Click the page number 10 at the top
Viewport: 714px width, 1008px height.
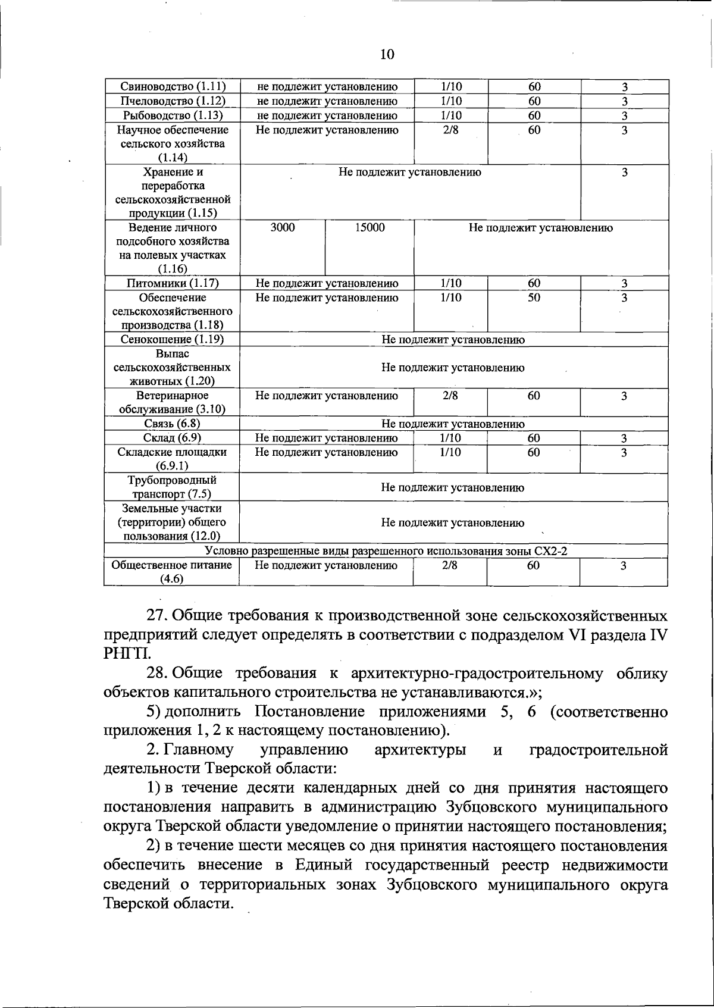tap(387, 55)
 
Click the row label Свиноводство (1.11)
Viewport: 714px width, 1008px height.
tap(173, 87)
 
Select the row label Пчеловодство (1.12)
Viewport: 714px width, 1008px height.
tap(173, 101)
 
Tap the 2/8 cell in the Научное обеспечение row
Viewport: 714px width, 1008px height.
tap(451, 130)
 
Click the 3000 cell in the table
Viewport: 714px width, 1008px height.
tap(283, 227)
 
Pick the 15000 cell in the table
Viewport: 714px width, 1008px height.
tap(370, 227)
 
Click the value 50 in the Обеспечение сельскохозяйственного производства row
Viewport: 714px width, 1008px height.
tap(534, 298)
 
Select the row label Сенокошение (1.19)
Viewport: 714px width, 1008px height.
tap(173, 340)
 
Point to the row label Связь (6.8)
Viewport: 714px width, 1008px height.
tap(173, 424)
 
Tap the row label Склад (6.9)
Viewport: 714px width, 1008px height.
tap(173, 438)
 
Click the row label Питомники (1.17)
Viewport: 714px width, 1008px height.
tap(173, 283)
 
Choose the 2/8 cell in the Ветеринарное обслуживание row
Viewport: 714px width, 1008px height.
tap(451, 396)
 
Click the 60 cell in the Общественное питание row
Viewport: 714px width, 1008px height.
tap(533, 565)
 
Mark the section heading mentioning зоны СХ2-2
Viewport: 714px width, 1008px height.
tap(386, 551)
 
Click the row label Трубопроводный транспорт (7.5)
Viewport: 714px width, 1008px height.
tap(173, 487)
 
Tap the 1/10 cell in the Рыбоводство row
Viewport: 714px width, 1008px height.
tap(451, 115)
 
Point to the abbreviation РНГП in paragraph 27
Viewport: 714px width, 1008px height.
tap(124, 654)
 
